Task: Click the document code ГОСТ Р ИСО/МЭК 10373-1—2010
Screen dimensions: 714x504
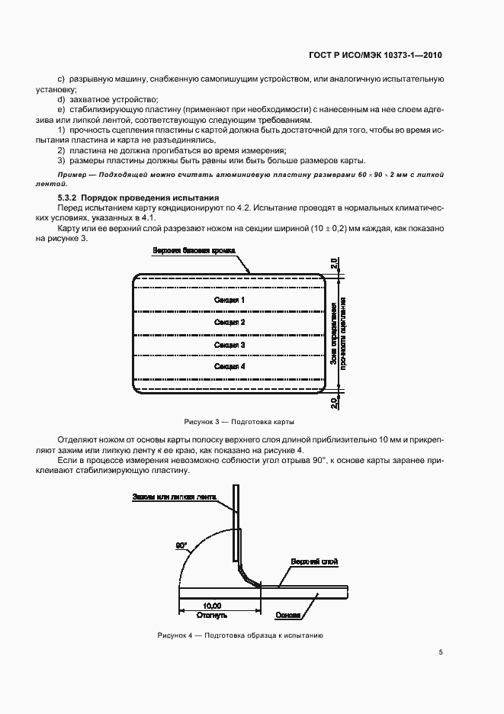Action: pyautogui.click(x=387, y=55)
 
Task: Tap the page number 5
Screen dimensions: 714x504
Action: pyautogui.click(x=441, y=652)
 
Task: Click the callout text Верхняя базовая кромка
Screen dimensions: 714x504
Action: pyautogui.click(x=195, y=251)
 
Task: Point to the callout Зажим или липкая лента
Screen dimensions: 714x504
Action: pyautogui.click(x=175, y=497)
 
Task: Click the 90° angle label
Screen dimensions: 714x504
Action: pyautogui.click(x=181, y=545)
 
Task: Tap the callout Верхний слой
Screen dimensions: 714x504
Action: pyautogui.click(x=313, y=562)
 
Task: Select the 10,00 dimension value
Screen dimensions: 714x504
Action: pyautogui.click(x=202, y=604)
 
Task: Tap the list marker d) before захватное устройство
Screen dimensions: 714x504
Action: pyautogui.click(x=61, y=100)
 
